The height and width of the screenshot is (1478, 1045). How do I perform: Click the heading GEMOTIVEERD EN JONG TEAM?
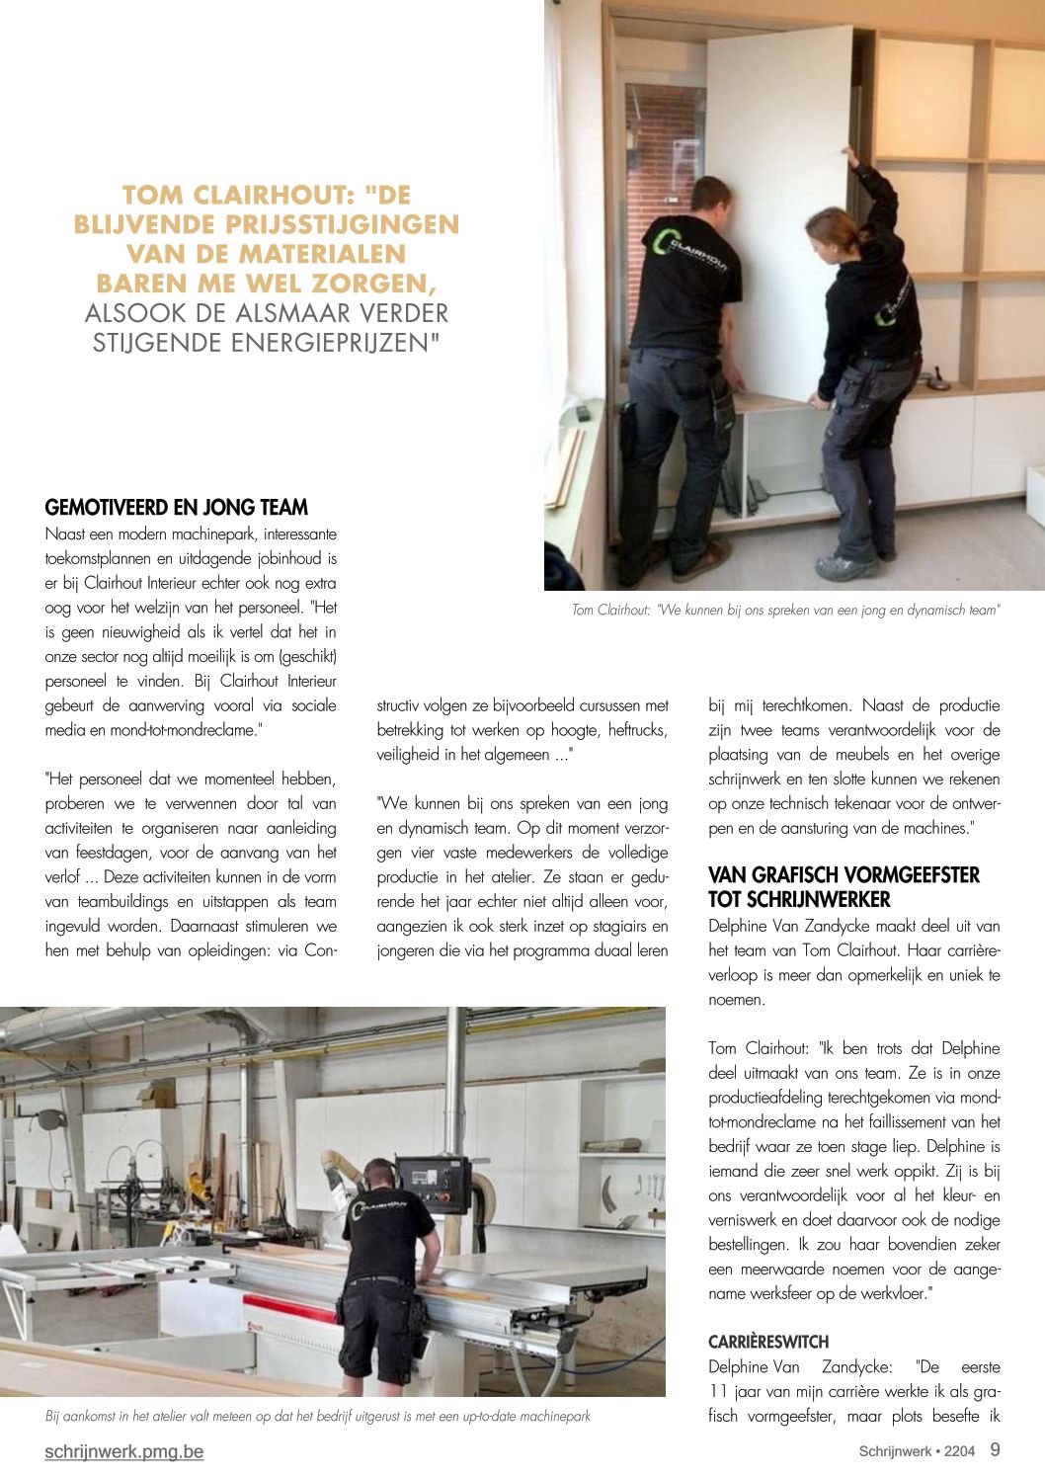coord(177,508)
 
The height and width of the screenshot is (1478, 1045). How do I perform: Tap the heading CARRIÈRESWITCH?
coord(768,1342)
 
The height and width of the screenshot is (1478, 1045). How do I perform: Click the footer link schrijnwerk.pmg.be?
coord(124,1451)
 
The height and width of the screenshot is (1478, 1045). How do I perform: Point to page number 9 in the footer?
coord(995,1449)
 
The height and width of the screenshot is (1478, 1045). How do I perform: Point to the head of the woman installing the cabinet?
coord(831,230)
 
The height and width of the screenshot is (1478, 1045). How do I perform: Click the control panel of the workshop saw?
coord(433,1184)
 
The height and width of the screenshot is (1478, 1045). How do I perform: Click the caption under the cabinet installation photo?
coord(785,611)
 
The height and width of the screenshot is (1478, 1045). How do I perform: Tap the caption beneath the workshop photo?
coord(318,1416)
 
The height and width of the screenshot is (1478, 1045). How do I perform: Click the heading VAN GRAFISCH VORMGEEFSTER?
coord(844,875)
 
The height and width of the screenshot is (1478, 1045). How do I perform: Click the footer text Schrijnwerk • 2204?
coord(916,1451)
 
